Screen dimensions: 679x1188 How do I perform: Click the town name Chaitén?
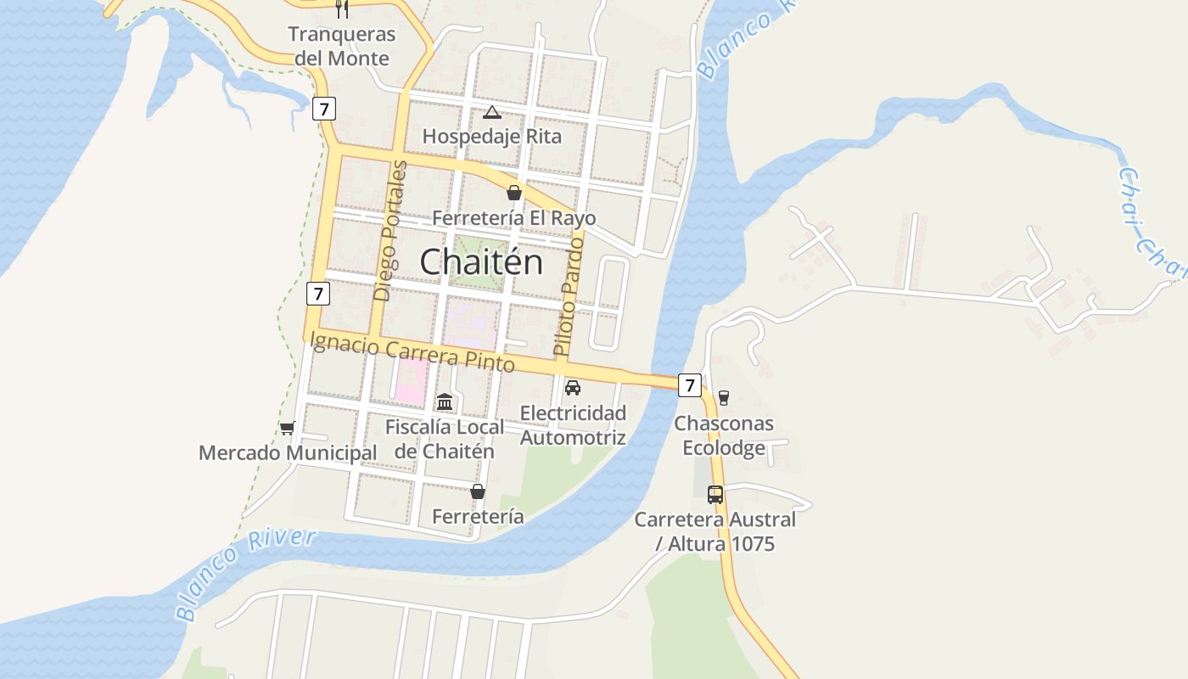[481, 261]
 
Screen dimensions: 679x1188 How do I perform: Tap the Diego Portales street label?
[389, 231]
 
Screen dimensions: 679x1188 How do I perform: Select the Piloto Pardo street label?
[570, 295]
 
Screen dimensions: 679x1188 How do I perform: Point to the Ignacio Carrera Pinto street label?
[413, 351]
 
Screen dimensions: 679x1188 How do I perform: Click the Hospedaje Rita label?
[491, 136]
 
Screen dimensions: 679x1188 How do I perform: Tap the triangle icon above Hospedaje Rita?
[491, 112]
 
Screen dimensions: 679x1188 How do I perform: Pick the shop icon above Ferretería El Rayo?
[513, 193]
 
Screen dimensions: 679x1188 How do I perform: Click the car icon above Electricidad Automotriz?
[573, 388]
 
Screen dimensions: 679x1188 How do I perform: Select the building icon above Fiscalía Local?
[445, 401]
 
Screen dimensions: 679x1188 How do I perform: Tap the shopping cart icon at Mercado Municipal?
[287, 429]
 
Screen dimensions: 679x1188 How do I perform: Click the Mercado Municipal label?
[288, 453]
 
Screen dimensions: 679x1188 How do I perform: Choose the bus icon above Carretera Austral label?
[715, 495]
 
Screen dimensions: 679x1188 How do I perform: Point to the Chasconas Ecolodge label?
[724, 435]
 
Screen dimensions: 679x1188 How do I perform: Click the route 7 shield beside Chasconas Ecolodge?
[690, 385]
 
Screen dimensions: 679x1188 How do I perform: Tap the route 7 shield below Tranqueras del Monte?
[323, 108]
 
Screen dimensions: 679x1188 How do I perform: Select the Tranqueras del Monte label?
[341, 47]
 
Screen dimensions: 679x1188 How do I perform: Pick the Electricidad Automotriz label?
[573, 425]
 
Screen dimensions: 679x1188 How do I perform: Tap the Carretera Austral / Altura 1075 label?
[715, 531]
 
